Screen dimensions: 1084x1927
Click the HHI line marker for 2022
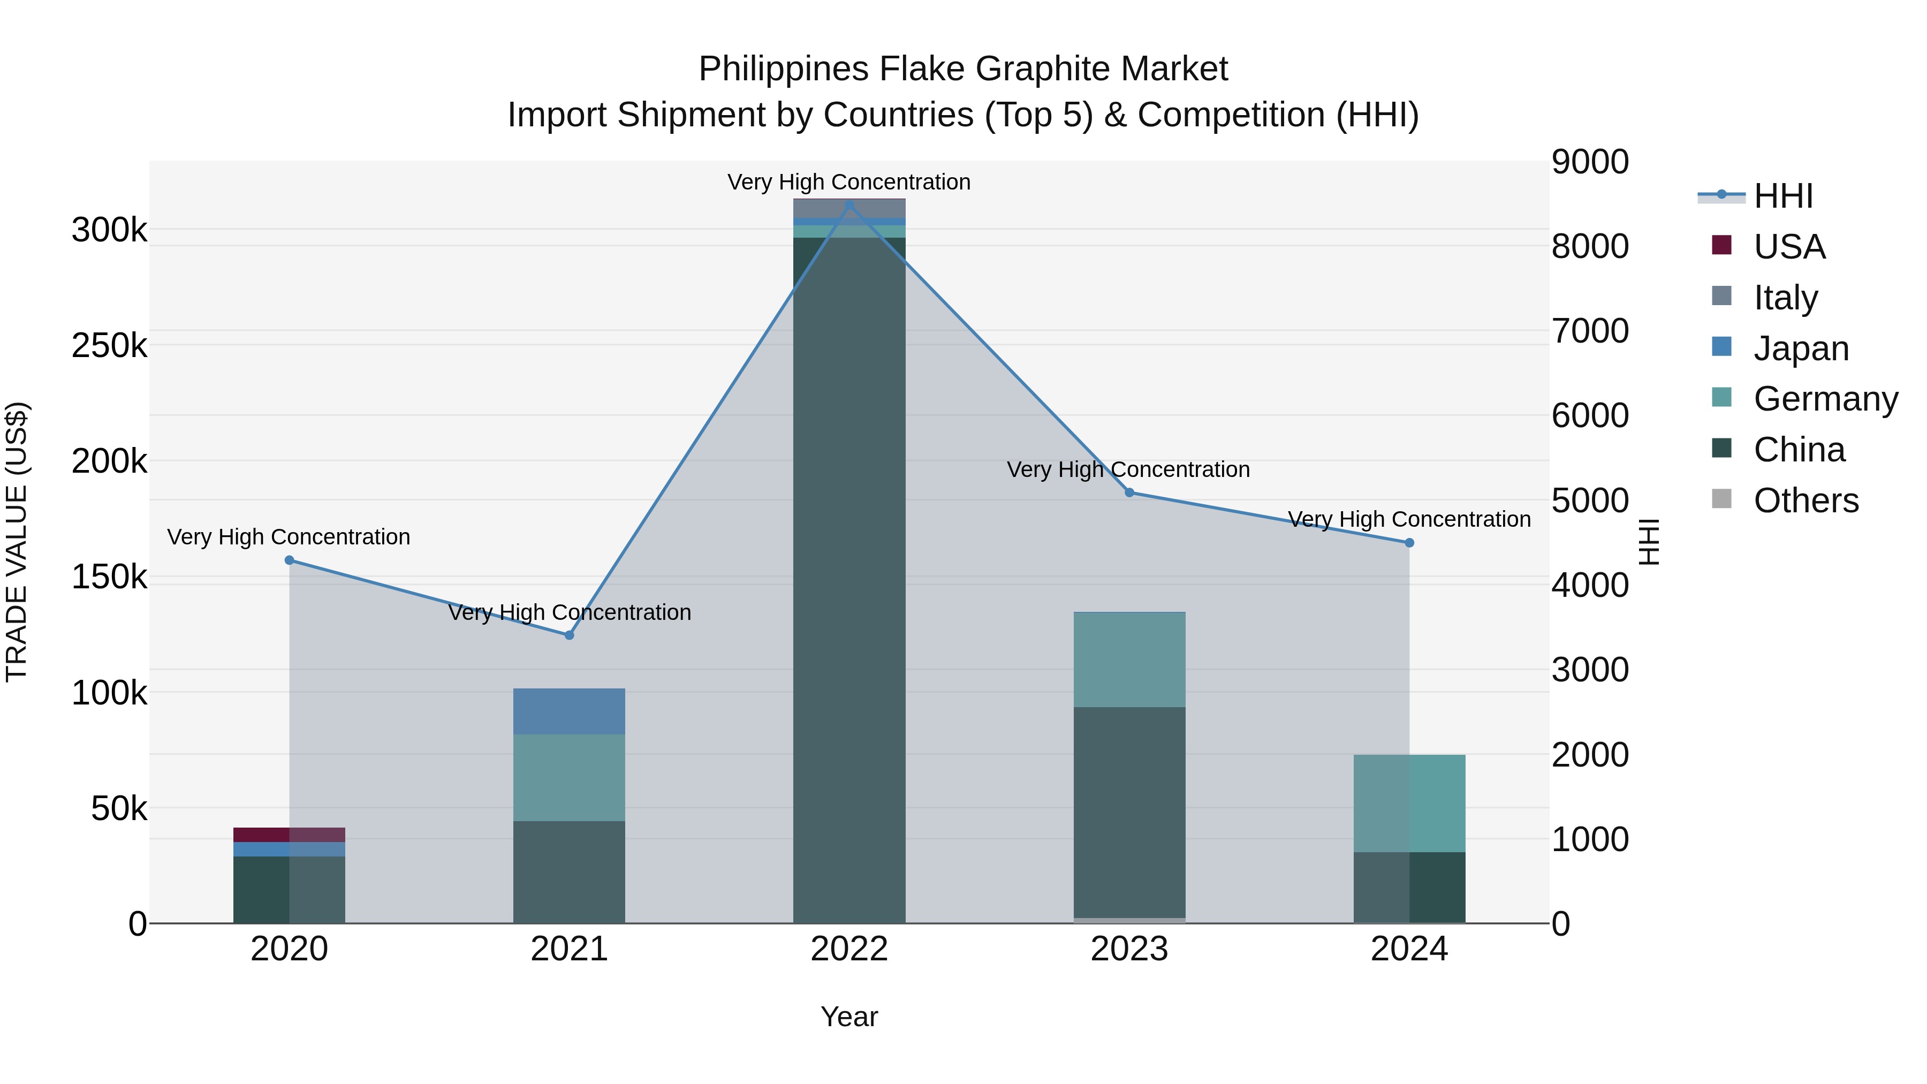849,205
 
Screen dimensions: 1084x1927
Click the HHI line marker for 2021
570,635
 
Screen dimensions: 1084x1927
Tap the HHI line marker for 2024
1409,543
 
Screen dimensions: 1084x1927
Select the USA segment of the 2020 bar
290,835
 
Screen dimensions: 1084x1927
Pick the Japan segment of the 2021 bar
570,711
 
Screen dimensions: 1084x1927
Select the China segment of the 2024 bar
1409,887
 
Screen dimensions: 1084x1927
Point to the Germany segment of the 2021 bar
570,778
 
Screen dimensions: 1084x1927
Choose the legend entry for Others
1806,501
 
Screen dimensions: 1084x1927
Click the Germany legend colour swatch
1721,397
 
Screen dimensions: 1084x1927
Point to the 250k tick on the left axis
109,346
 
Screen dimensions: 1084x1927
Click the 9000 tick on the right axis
1590,162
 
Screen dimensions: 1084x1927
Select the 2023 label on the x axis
1129,949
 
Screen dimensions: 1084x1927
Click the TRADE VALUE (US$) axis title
17,542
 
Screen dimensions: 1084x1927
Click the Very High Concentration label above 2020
289,537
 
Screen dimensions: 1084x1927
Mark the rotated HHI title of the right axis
1649,542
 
